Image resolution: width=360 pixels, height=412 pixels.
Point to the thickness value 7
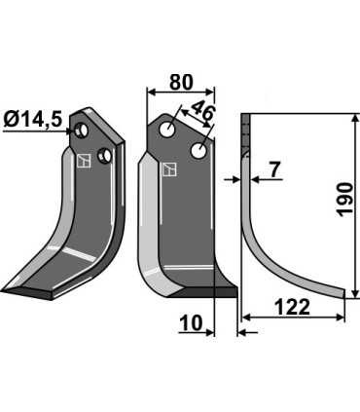point(273,169)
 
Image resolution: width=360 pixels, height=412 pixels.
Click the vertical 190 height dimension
point(342,200)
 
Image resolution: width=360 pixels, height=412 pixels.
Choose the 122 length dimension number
point(292,307)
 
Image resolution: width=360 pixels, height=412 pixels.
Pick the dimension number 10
point(193,322)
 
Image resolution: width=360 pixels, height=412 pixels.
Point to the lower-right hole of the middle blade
point(198,151)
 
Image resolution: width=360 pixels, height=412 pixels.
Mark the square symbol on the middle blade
point(171,169)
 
